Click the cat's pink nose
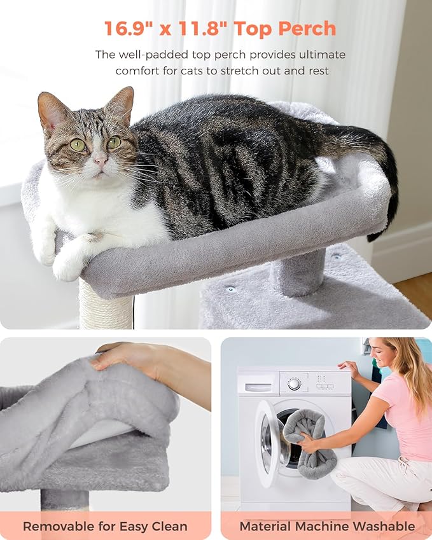coord(101,161)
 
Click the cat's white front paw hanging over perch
coord(67,267)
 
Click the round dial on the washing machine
coord(294,384)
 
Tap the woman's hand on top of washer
coord(349,368)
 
